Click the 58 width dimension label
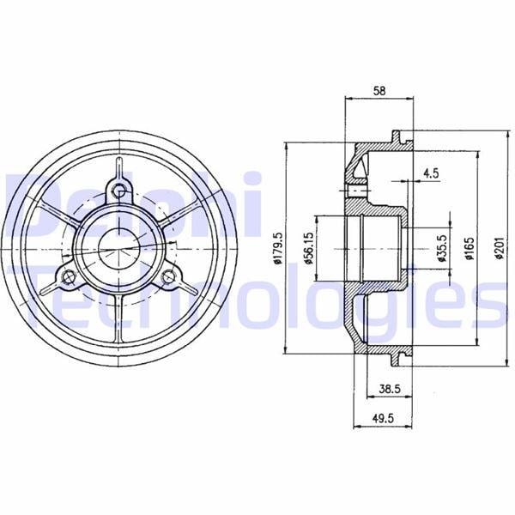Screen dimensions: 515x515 tap(379, 90)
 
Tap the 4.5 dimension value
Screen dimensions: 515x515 tap(431, 173)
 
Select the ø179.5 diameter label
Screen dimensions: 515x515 tap(278, 248)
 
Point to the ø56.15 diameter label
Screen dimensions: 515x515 tap(308, 248)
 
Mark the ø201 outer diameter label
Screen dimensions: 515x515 tap(500, 249)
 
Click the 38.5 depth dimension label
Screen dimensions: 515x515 tap(390, 389)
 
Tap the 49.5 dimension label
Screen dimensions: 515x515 tap(383, 419)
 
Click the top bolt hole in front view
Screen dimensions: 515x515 tap(118, 190)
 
